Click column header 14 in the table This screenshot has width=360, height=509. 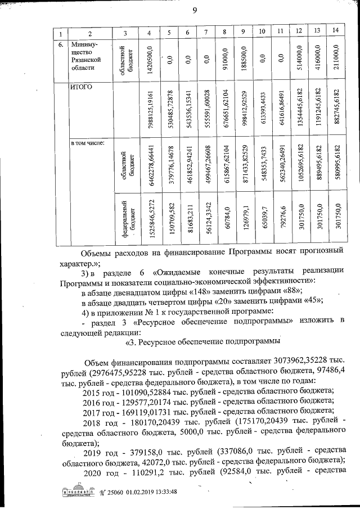tap(336, 30)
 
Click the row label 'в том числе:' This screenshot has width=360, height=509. tap(84, 143)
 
